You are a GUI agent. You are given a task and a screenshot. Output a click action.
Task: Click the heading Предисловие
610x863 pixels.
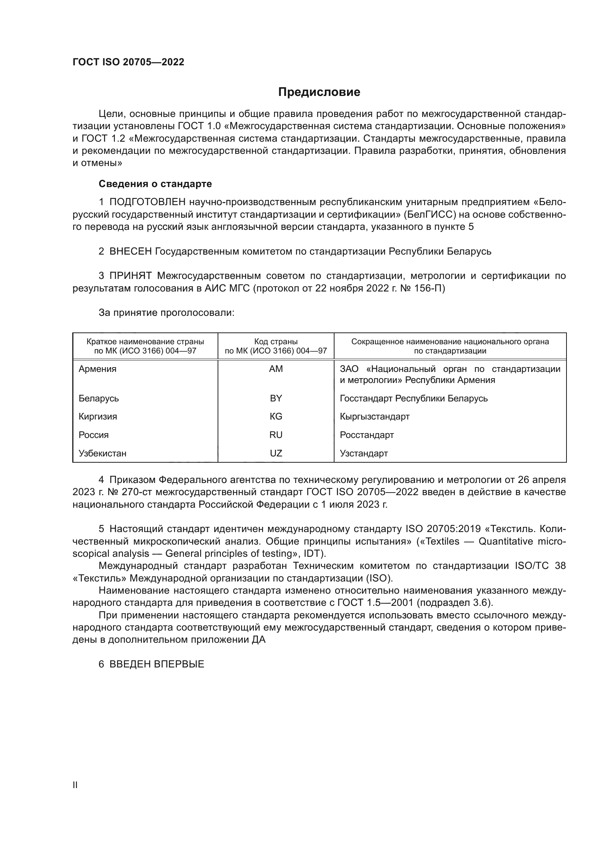click(319, 92)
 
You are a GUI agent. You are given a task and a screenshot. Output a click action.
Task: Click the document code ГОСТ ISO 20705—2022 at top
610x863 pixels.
click(128, 62)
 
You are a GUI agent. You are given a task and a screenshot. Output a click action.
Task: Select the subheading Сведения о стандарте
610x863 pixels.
click(155, 184)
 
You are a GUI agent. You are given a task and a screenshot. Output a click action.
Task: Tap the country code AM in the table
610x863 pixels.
click(276, 369)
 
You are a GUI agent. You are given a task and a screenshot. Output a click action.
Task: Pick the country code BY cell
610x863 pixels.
click(276, 398)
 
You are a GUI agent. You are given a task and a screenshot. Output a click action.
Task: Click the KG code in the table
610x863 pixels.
click(276, 417)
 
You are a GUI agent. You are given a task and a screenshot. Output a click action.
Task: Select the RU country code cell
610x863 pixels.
click(276, 435)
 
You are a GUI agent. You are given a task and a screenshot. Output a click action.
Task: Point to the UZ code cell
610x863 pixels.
click(276, 453)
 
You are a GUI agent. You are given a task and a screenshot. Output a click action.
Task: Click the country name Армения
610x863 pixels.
click(97, 369)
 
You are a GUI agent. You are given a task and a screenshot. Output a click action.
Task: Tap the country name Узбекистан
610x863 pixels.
click(102, 453)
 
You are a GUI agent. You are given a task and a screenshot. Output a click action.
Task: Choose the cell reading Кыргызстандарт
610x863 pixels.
click(374, 417)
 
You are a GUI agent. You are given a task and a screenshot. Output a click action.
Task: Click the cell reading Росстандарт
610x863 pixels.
click(367, 435)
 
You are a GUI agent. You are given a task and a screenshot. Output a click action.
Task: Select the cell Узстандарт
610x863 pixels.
click(364, 453)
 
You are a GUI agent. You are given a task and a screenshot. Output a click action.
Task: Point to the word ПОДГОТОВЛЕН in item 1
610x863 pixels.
click(147, 202)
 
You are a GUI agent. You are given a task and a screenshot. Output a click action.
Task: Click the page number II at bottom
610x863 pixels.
click(75, 785)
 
